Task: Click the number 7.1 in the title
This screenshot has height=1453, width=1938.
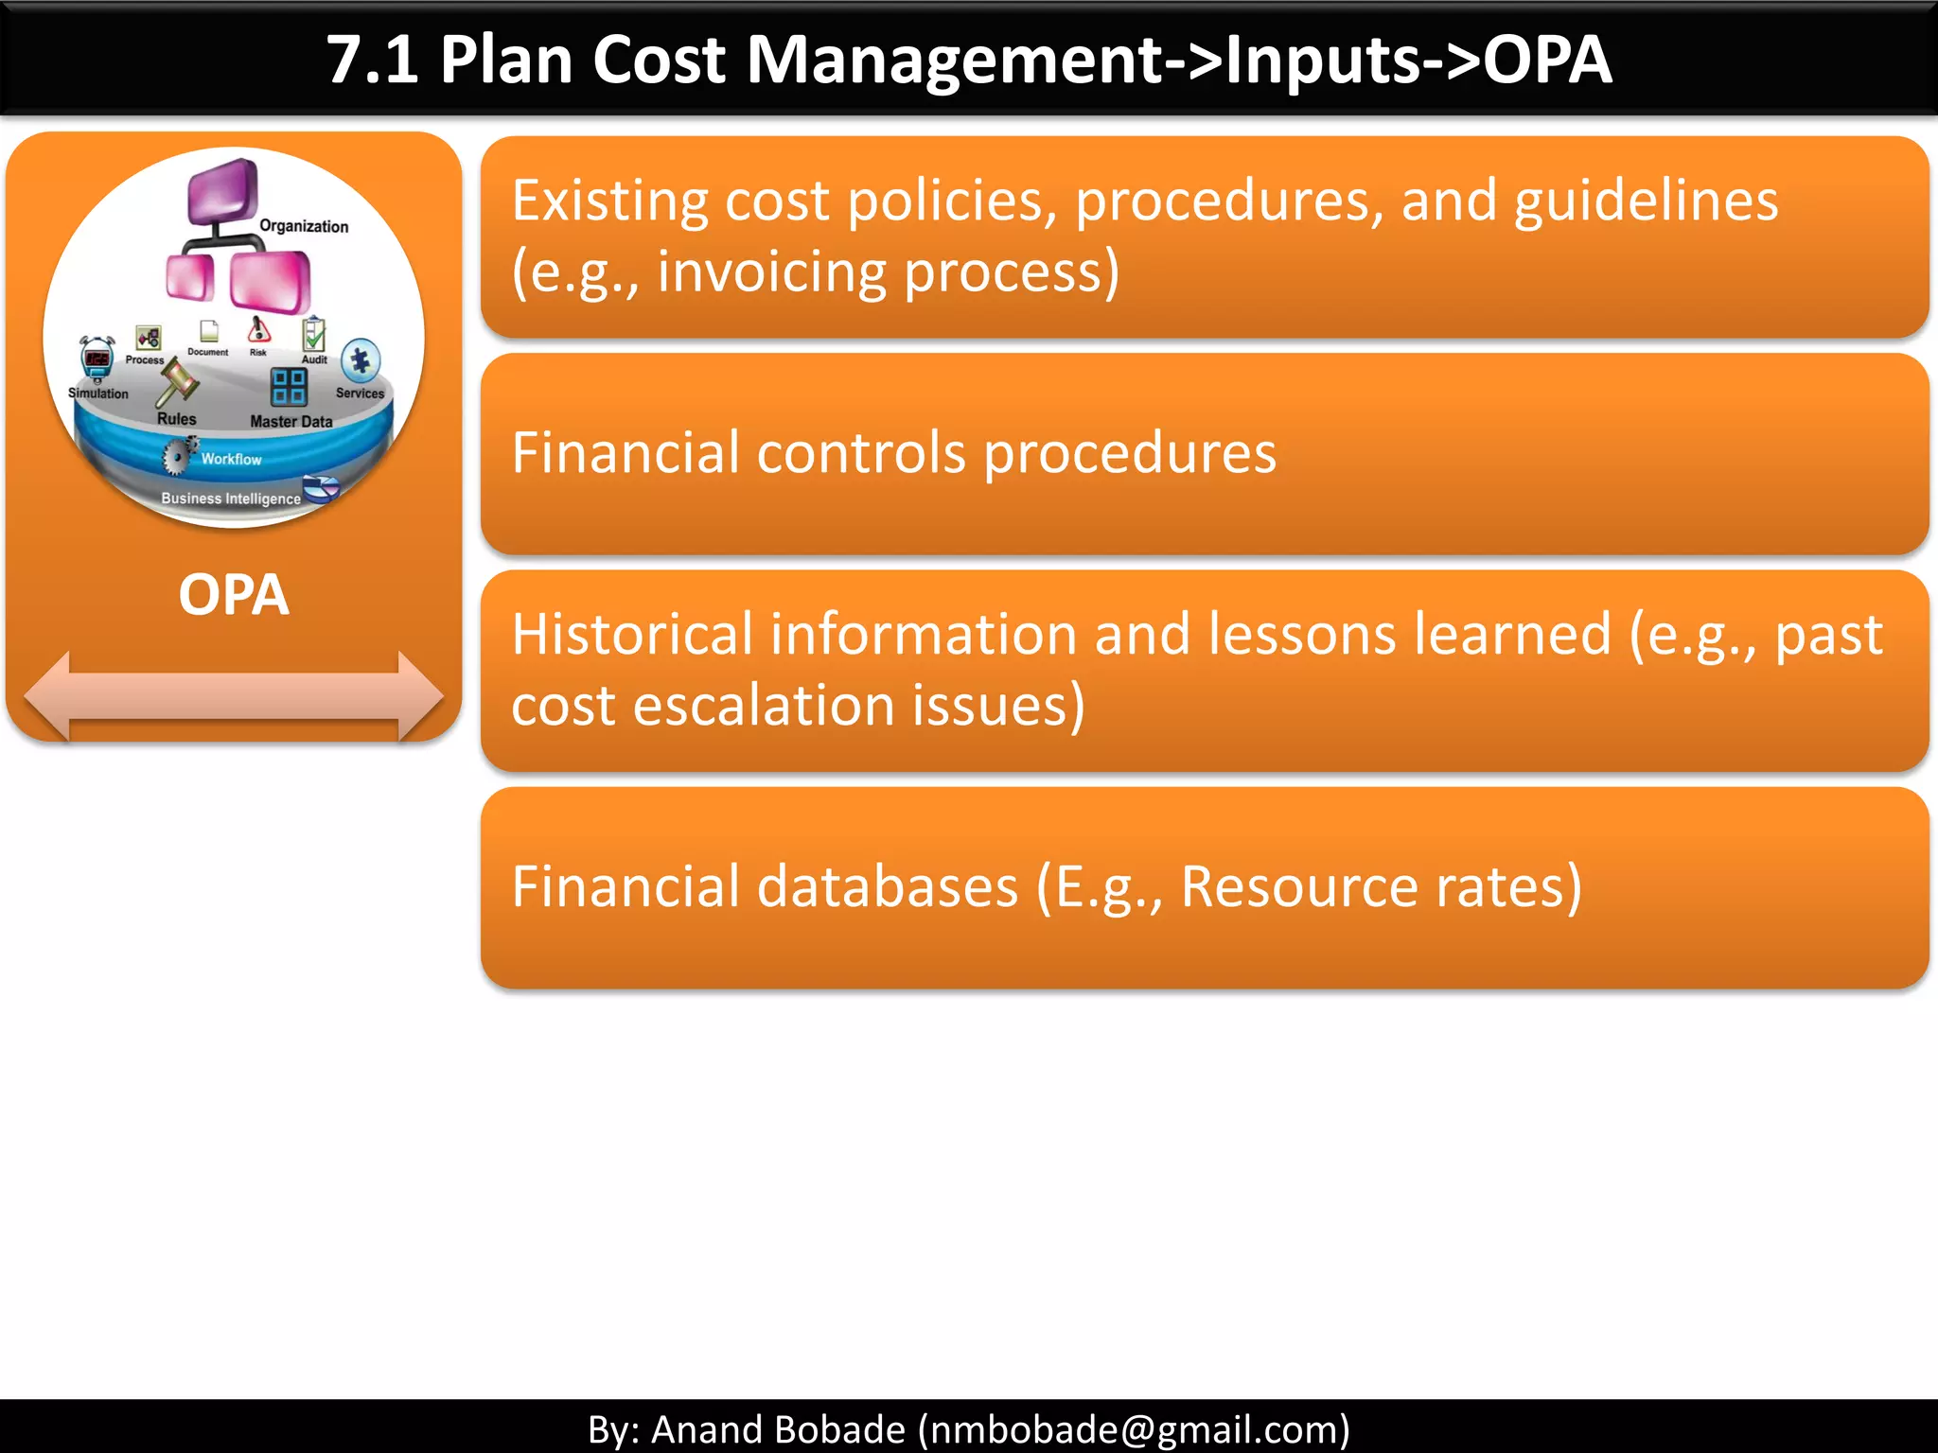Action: pyautogui.click(x=372, y=61)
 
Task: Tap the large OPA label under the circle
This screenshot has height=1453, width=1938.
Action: pyautogui.click(x=233, y=595)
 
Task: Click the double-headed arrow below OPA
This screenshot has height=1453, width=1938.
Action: pyautogui.click(x=233, y=696)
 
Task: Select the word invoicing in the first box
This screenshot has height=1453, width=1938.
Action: pyautogui.click(x=770, y=272)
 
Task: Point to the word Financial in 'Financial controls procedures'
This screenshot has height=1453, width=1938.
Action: pyautogui.click(x=625, y=452)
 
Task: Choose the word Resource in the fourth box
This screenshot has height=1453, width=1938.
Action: pyautogui.click(x=1298, y=886)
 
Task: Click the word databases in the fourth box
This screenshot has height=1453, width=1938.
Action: pyautogui.click(x=888, y=886)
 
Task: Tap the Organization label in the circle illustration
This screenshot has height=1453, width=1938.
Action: pyautogui.click(x=304, y=226)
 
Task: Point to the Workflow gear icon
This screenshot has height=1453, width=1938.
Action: pyautogui.click(x=177, y=455)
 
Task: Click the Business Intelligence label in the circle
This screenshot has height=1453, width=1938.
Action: pyautogui.click(x=230, y=499)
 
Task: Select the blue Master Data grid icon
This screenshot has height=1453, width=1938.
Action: pyautogui.click(x=289, y=386)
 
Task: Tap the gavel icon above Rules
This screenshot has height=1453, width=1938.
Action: pyautogui.click(x=177, y=380)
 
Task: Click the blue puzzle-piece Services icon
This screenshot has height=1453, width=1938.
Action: pyautogui.click(x=361, y=360)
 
